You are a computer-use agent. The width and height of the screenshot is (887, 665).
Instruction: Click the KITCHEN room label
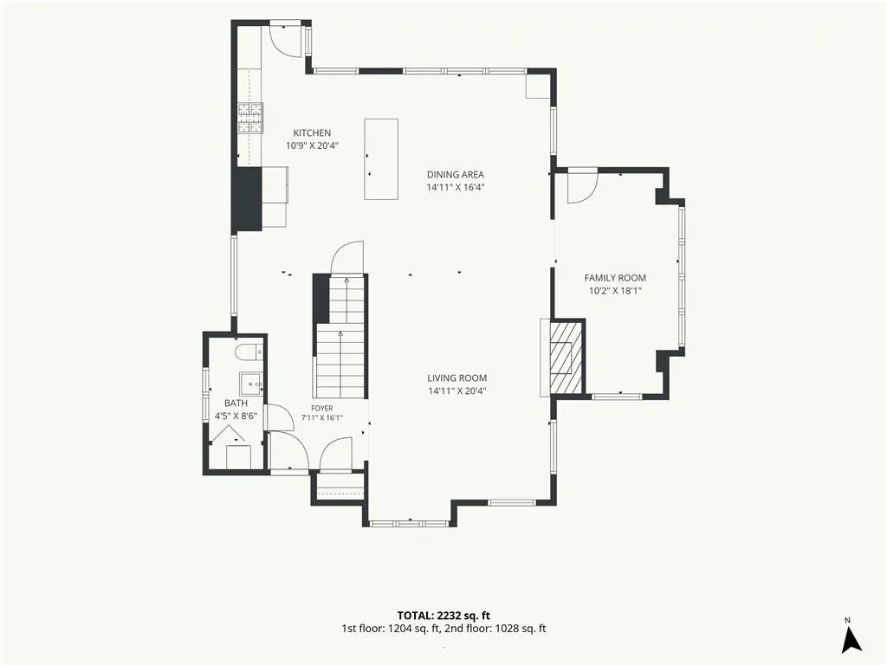click(312, 132)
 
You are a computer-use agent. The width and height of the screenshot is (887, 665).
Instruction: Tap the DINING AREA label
click(456, 175)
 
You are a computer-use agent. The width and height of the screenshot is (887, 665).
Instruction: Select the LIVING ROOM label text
click(457, 378)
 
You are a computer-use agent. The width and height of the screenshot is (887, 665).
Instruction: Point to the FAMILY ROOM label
click(615, 278)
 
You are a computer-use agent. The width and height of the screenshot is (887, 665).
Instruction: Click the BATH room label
click(236, 404)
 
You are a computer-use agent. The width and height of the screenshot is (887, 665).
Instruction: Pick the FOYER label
click(322, 409)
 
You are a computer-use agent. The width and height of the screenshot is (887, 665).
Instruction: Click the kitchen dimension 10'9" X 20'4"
click(312, 145)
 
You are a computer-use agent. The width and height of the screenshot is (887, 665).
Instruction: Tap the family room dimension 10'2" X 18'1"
click(615, 291)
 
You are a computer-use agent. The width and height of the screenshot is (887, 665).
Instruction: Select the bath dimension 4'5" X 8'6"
click(236, 416)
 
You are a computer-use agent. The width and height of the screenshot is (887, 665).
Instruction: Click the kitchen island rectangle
click(381, 159)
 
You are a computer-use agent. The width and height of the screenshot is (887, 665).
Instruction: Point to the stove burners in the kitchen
click(250, 119)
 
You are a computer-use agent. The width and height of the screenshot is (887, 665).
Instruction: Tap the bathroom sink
click(250, 384)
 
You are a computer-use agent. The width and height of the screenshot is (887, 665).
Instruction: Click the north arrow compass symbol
click(851, 640)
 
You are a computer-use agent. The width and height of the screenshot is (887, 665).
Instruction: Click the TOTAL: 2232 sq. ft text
click(443, 616)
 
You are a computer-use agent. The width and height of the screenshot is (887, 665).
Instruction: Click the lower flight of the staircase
click(340, 361)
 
